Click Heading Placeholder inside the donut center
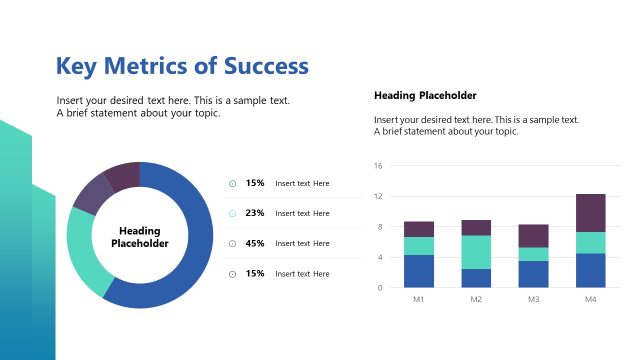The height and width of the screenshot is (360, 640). point(139,237)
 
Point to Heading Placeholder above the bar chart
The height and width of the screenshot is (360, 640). point(425,96)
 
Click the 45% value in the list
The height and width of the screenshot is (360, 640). point(255,243)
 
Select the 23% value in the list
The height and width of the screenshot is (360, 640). point(255,213)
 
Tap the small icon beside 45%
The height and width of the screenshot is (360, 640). point(232,243)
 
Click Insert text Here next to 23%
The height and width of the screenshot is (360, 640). point(302,213)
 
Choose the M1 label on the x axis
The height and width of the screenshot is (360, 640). point(419,299)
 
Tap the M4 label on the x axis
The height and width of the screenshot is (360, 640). point(590,299)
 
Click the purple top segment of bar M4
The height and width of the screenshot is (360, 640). point(590,213)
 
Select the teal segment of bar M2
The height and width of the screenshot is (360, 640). point(476,252)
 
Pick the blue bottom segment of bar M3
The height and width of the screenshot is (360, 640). point(533,274)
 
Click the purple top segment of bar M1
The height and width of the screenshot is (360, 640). point(419,229)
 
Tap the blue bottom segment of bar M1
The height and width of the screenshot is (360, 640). point(419,271)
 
